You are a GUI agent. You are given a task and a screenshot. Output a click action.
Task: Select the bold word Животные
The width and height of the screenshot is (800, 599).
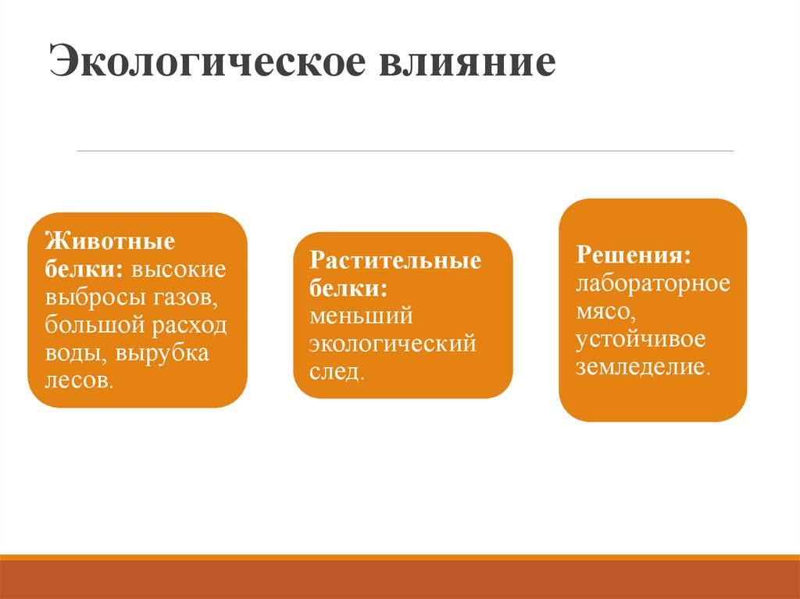109,240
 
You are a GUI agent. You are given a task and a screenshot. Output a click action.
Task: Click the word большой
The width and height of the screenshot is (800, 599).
92,326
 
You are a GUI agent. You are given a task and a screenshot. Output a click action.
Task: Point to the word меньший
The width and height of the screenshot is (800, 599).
360,316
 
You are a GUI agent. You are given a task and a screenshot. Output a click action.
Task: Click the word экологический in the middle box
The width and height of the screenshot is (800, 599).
392,344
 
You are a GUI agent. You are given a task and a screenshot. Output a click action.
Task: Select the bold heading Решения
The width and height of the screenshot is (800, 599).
634,255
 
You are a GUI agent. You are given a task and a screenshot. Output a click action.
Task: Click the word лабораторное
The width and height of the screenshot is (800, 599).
653,283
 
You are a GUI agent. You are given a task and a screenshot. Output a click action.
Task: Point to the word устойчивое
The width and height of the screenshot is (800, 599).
641,339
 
